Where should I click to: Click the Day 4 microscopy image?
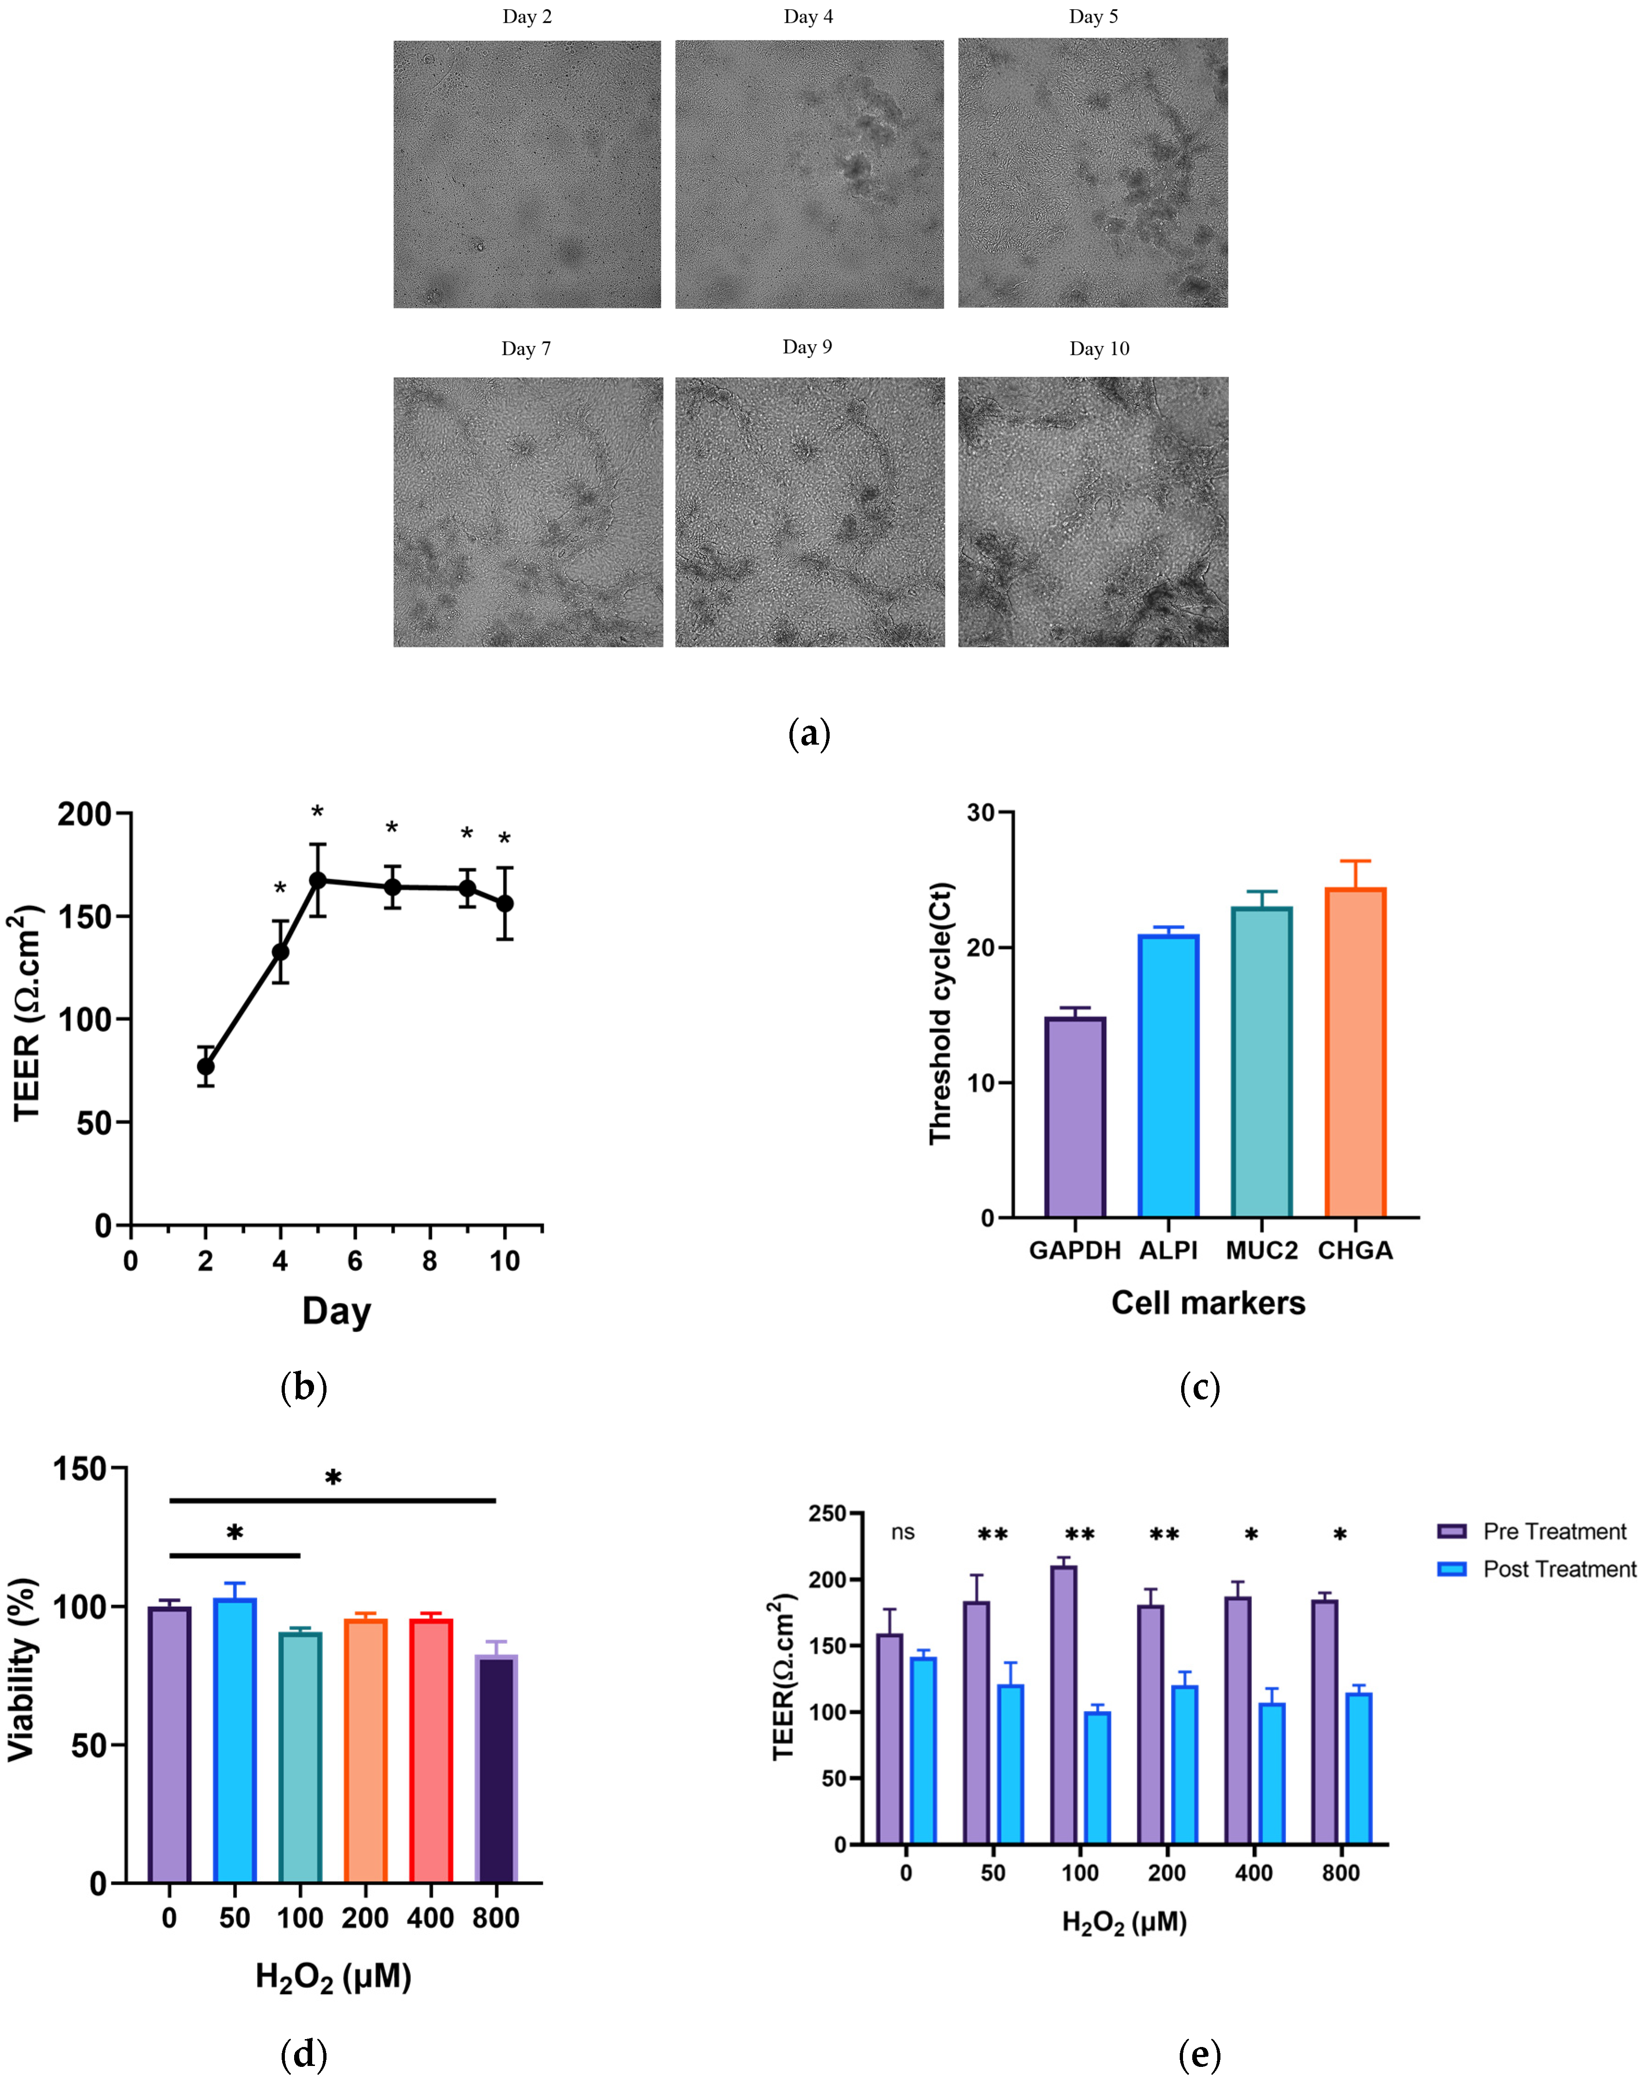pyautogui.click(x=809, y=174)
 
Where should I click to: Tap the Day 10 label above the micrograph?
pyautogui.click(x=1099, y=349)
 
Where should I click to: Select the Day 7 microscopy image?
pyautogui.click(x=528, y=512)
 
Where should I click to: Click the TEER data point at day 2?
pyautogui.click(x=205, y=1066)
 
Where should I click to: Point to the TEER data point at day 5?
pyautogui.click(x=317, y=880)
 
